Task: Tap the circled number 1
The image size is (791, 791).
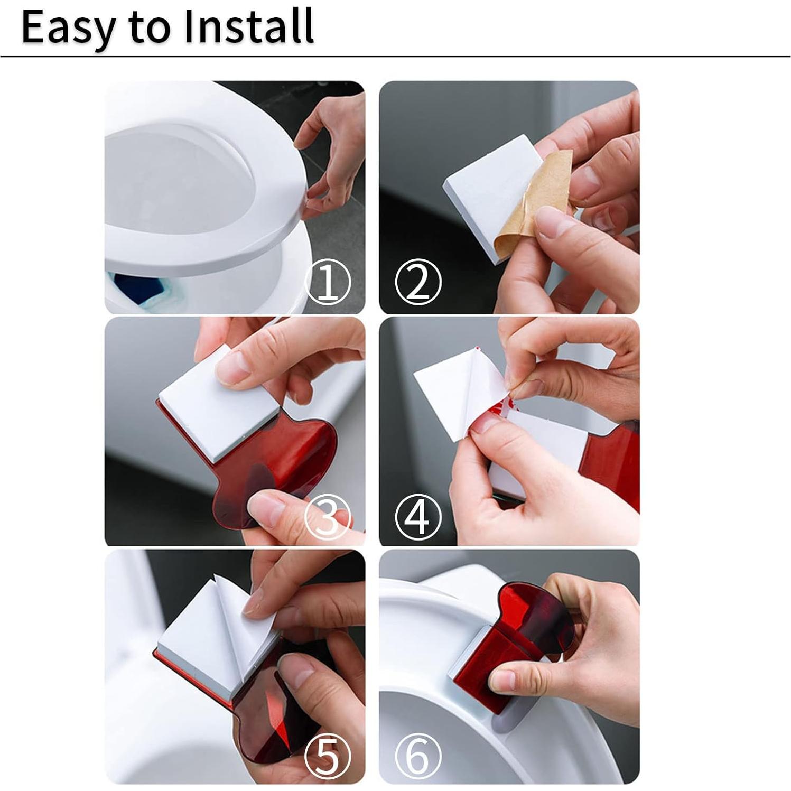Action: point(328,282)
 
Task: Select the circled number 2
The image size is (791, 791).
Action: point(418,282)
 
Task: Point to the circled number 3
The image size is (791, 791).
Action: point(328,517)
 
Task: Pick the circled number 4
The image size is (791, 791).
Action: point(418,517)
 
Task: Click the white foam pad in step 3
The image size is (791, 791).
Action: point(217,407)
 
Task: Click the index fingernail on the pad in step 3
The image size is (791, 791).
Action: point(232,367)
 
